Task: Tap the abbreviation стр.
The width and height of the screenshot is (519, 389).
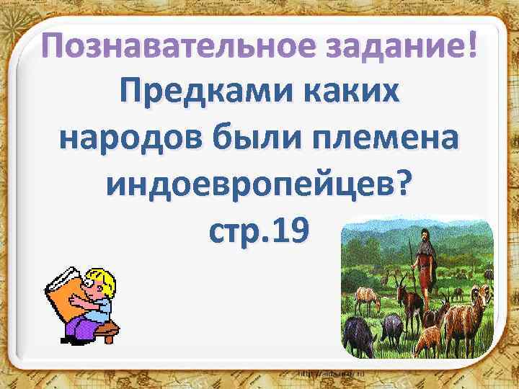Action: tap(235, 232)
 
